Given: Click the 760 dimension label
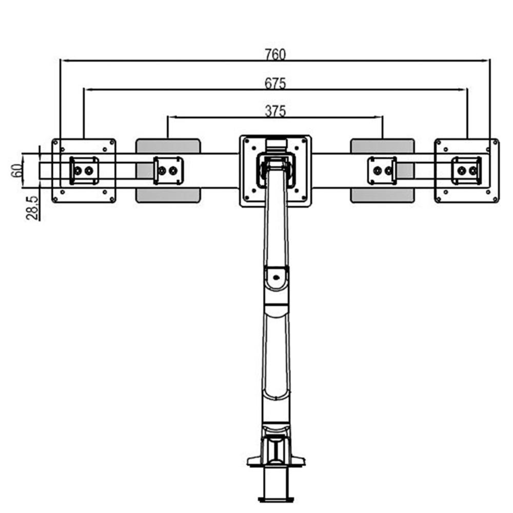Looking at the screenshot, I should tap(275, 54).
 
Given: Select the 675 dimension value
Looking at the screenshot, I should tap(275, 83).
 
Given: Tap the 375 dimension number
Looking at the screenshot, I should tap(275, 111).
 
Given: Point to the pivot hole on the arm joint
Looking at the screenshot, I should tap(277, 279).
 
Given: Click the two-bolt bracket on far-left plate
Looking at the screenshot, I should tap(84, 170).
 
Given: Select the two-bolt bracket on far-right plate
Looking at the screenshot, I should tap(466, 170).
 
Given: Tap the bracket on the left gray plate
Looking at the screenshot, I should tap(168, 170).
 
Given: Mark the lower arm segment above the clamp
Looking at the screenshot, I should tap(277, 359).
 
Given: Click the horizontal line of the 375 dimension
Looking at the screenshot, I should tap(221, 117).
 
